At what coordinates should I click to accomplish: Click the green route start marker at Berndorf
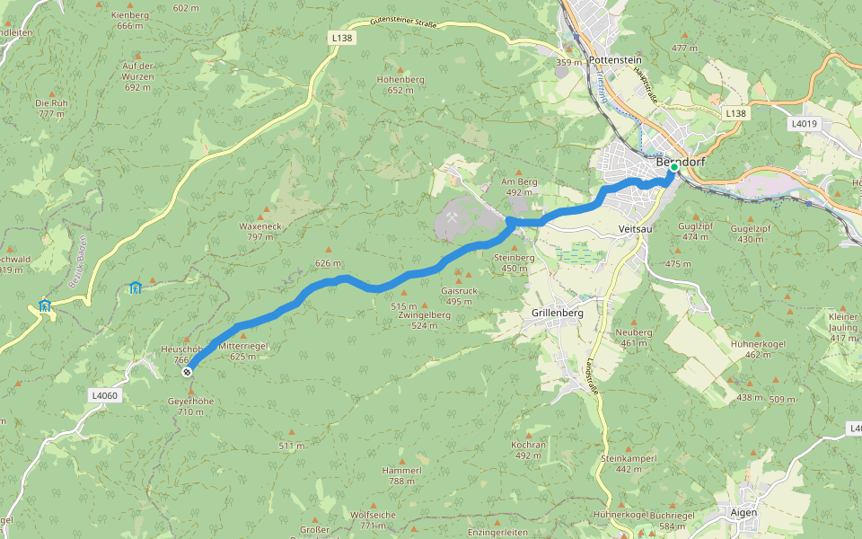pos(673,167)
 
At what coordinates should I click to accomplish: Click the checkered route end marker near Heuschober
pos(187,371)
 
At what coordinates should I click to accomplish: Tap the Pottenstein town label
pos(616,59)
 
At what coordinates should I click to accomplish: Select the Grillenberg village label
pos(552,314)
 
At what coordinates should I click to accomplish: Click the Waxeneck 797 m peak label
pos(260,232)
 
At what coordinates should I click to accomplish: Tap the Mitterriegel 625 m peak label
pos(242,350)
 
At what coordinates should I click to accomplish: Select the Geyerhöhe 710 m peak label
pos(190,406)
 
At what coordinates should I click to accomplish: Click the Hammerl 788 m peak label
pos(401,475)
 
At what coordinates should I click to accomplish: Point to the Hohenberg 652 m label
pos(400,84)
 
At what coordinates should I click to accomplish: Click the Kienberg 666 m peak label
pos(130,21)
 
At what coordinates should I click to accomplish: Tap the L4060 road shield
pos(103,395)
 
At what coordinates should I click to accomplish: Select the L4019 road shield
pos(805,122)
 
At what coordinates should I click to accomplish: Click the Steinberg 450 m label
pos(515,262)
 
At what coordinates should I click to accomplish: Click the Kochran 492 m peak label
pos(528,450)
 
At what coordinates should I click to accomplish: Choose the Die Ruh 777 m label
pos(51,108)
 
